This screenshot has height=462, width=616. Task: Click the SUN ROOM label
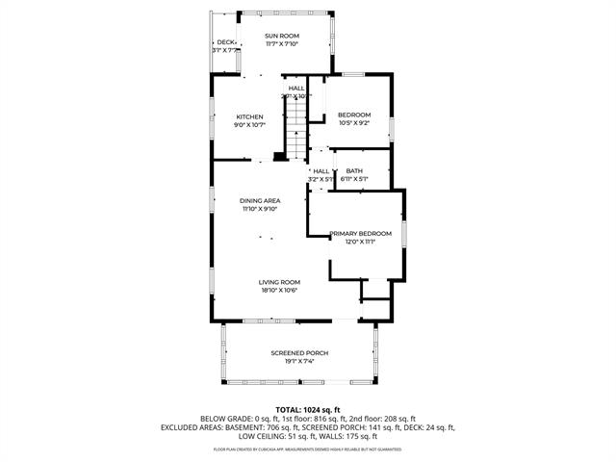click(x=282, y=36)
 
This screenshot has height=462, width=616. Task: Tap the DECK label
click(x=225, y=42)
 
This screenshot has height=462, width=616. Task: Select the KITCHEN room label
click(x=249, y=116)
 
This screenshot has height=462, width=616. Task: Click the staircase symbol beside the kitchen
click(x=295, y=126)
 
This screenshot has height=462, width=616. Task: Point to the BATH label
click(x=354, y=170)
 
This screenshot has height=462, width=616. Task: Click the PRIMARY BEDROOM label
click(x=360, y=233)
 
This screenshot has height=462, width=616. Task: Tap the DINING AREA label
click(x=260, y=200)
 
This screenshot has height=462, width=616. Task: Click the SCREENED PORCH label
click(x=299, y=353)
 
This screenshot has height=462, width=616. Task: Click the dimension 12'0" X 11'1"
click(x=360, y=242)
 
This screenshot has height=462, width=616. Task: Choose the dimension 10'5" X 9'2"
click(x=354, y=123)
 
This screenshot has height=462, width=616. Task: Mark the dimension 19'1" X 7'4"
click(x=299, y=361)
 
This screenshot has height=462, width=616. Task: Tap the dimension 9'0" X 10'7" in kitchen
click(x=249, y=124)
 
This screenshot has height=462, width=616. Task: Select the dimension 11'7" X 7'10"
click(x=282, y=44)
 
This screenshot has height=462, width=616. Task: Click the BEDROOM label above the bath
click(x=354, y=115)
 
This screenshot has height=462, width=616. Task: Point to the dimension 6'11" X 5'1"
click(x=354, y=179)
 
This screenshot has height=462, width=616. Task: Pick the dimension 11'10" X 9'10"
click(x=260, y=208)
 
